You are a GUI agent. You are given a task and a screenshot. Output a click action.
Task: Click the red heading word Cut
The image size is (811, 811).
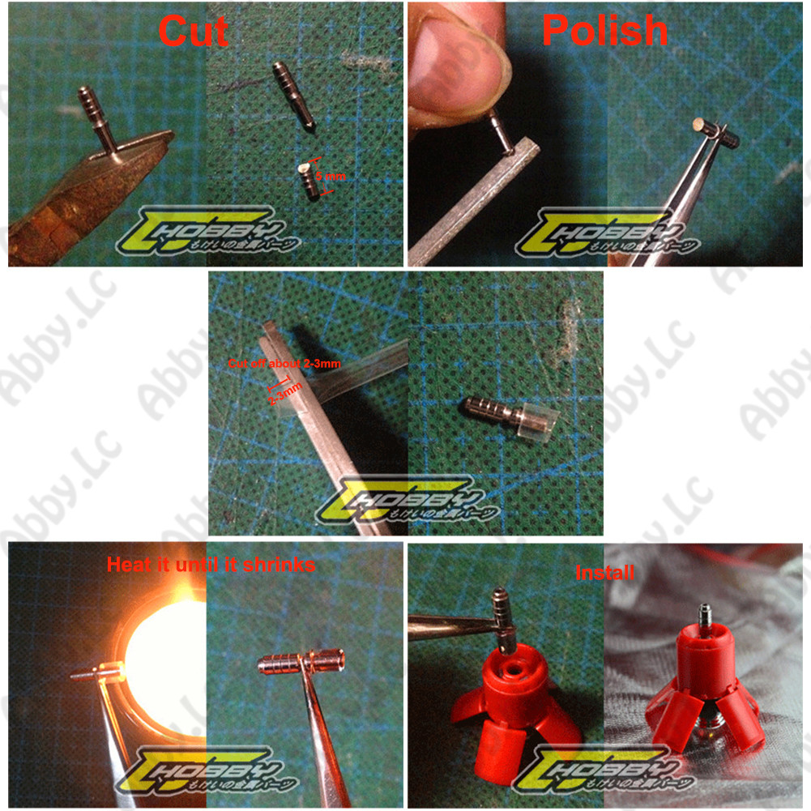pyautogui.click(x=193, y=32)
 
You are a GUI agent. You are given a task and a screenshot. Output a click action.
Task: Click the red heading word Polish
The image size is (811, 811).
pyautogui.click(x=604, y=31)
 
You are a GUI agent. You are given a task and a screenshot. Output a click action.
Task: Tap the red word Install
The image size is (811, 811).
pyautogui.click(x=604, y=573)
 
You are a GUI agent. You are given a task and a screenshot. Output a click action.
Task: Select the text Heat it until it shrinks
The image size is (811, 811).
pyautogui.click(x=211, y=564)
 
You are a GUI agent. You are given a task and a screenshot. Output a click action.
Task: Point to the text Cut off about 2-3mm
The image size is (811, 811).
pyautogui.click(x=284, y=364)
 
